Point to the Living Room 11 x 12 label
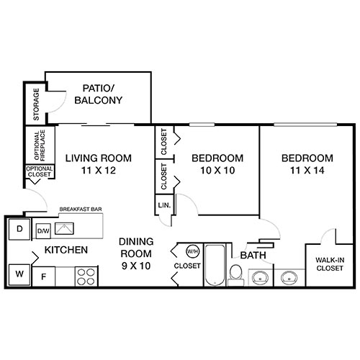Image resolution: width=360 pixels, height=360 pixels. point(98,164)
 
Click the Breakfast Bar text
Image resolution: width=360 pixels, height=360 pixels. point(79,210)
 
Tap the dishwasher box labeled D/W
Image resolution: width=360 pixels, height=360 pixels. point(43,231)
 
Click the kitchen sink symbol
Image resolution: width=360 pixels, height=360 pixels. point(67,230)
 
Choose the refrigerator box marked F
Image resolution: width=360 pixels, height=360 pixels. point(43,276)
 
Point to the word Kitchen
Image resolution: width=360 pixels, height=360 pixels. point(66,251)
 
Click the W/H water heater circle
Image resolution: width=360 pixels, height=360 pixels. point(192,252)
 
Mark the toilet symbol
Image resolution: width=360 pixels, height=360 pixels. point(235,274)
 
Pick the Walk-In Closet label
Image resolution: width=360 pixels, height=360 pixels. point(330,263)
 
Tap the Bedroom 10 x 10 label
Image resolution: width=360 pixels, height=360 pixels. point(217,164)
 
